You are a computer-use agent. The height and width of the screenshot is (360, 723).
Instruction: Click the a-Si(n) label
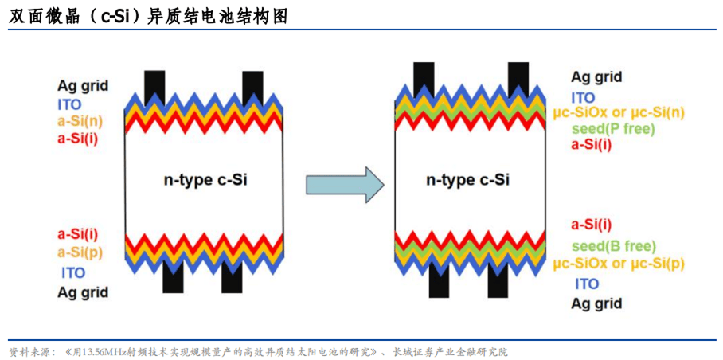pos(80,122)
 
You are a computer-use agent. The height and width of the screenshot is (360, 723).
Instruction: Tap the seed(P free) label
pos(612,129)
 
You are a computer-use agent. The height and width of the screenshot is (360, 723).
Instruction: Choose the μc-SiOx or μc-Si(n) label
pos(619,113)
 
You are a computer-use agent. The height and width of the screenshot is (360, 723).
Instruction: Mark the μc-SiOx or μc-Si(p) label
pos(619,264)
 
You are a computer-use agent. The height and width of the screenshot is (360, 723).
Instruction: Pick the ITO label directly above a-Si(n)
pos(69,104)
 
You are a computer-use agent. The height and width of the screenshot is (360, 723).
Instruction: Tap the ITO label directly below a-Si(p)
pos(73,272)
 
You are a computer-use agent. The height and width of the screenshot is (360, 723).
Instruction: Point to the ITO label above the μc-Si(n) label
pos(583,97)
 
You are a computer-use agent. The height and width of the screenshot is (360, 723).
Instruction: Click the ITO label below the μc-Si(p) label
pos(587,284)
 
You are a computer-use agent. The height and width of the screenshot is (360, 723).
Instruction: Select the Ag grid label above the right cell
pos(596,77)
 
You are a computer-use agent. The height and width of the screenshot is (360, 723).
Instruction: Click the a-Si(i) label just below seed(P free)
pos(592,144)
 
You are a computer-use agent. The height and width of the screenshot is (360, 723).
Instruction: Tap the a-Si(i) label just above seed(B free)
pos(592,226)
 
